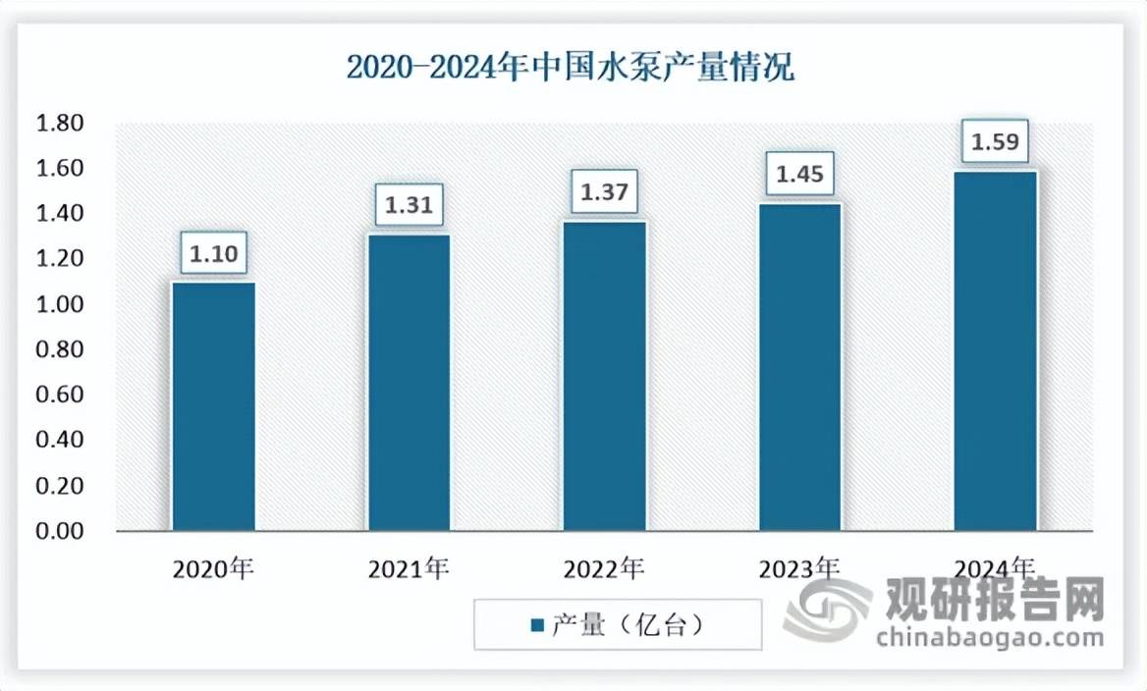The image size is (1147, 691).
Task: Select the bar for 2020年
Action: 214,406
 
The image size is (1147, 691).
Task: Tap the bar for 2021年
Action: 410,383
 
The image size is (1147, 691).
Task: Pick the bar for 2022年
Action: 605,376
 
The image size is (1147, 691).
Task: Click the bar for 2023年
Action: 799,367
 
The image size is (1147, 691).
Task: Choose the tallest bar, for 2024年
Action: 995,351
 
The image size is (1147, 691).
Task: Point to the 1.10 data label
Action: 214,254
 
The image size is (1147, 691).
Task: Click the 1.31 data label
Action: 410,206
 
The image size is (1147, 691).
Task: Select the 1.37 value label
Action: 605,192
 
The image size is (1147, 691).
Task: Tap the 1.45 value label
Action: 799,175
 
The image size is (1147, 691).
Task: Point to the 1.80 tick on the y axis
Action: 60,124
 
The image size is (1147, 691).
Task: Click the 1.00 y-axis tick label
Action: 60,305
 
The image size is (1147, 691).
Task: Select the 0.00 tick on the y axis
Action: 60,532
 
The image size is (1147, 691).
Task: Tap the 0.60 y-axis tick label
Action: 60,396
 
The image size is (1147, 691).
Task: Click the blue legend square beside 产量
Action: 536,625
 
